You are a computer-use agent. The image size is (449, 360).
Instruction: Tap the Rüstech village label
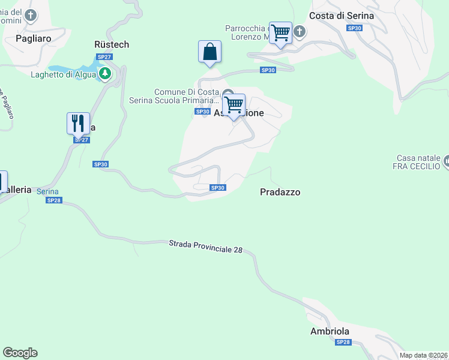[112, 44]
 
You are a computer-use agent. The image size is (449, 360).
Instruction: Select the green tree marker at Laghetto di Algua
[106, 73]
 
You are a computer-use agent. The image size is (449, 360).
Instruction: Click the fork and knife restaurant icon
[78, 124]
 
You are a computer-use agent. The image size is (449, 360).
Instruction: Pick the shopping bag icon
[209, 52]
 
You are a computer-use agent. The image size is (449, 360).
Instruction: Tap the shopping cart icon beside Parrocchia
[280, 34]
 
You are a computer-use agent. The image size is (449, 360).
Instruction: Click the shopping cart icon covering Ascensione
[234, 105]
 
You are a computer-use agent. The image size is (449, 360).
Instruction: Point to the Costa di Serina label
[342, 16]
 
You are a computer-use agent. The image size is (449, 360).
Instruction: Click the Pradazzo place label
[280, 192]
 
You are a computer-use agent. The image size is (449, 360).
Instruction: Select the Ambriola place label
[330, 331]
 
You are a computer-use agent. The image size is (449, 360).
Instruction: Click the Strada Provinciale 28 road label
[205, 246]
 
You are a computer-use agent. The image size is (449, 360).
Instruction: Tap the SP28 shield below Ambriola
[343, 342]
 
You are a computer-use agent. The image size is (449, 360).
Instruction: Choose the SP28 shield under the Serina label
[53, 200]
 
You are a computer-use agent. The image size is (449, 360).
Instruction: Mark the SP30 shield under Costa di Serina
[354, 28]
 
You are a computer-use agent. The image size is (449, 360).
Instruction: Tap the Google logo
[20, 353]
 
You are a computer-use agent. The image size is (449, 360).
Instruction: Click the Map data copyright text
[424, 355]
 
